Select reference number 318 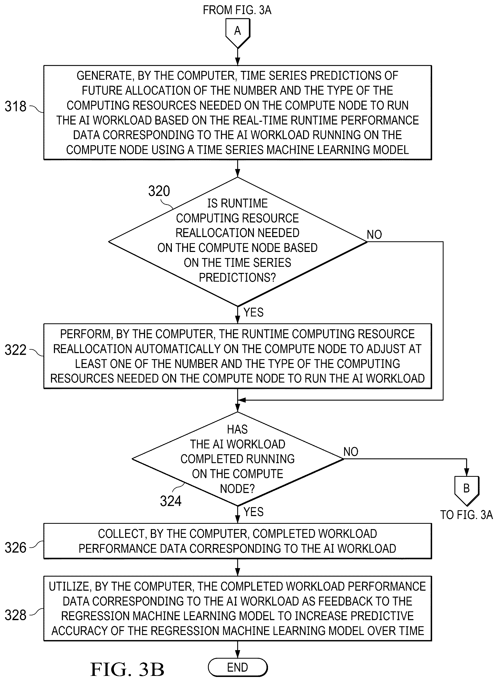point(16,107)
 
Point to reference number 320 point(159,191)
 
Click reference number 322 point(16,350)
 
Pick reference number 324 point(171,501)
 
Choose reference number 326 point(16,548)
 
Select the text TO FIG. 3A point(466,515)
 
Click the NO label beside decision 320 point(374,234)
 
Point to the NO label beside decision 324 point(351,452)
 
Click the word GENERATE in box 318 point(105,76)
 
